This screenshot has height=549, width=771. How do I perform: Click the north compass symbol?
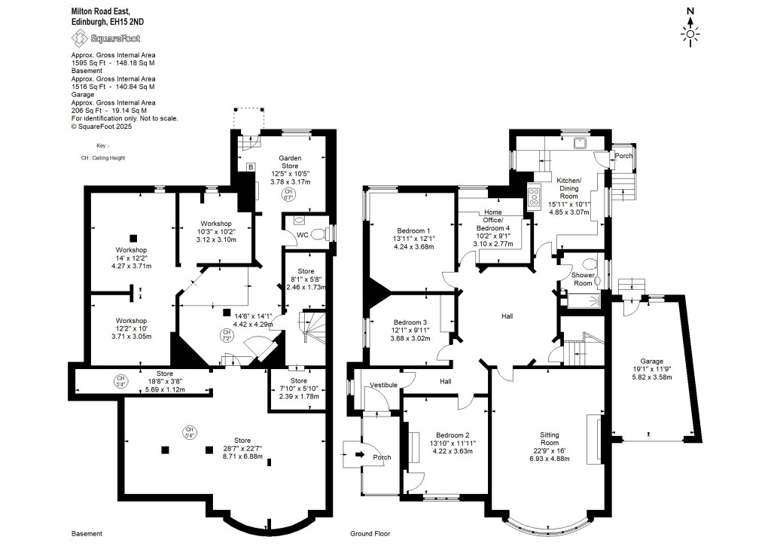pyautogui.click(x=690, y=29)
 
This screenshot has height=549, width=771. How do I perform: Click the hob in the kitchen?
pyautogui.click(x=535, y=197)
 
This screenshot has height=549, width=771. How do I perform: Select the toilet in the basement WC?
pyautogui.click(x=318, y=233)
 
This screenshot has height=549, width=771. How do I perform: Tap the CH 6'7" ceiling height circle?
pyautogui.click(x=288, y=195)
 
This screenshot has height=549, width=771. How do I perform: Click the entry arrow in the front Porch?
pyautogui.click(x=358, y=454)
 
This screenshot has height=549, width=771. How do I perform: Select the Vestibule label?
pyautogui.click(x=383, y=385)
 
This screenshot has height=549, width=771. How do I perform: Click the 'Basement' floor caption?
pyautogui.click(x=87, y=533)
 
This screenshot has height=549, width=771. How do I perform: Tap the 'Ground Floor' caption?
pyautogui.click(x=370, y=533)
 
